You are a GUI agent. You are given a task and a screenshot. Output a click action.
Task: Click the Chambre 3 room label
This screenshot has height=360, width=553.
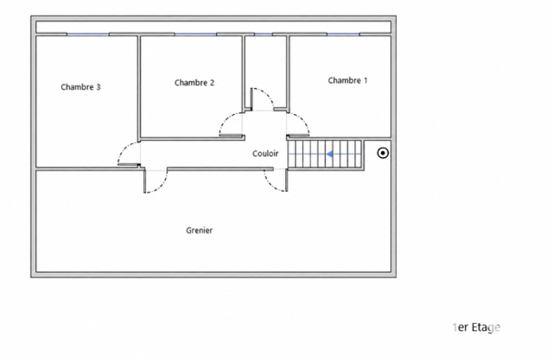(80, 86)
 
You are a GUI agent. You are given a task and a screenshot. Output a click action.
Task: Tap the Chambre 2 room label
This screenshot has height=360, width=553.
(194, 83)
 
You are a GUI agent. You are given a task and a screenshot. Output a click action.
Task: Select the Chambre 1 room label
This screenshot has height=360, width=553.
(348, 80)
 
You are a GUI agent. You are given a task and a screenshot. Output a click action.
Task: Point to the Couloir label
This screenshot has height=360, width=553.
(266, 153)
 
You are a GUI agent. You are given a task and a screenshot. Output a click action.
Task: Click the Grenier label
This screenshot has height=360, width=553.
(200, 230)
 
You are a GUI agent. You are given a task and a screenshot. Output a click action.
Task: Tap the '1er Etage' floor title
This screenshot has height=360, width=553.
(476, 328)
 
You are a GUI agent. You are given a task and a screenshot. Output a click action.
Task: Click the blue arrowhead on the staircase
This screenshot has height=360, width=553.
(329, 154)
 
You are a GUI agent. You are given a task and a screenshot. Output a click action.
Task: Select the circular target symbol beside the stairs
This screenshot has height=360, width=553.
(383, 153)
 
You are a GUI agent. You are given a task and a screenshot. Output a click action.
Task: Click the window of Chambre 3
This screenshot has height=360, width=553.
(88, 35)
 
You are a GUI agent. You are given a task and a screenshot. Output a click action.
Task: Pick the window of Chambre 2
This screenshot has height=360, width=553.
(196, 35)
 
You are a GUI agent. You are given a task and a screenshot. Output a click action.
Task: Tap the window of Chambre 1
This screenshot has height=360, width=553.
(343, 35)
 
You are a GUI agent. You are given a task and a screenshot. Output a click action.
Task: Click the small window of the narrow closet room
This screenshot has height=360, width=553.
(263, 35)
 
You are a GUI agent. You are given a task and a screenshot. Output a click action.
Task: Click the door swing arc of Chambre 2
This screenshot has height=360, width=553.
(225, 119)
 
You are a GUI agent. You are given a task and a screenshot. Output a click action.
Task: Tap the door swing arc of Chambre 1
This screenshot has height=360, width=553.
(304, 120)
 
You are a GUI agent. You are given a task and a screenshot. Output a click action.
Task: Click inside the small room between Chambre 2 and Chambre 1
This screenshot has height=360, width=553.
(266, 71)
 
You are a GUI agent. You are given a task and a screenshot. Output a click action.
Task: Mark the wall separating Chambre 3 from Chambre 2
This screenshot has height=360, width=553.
(138, 87)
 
